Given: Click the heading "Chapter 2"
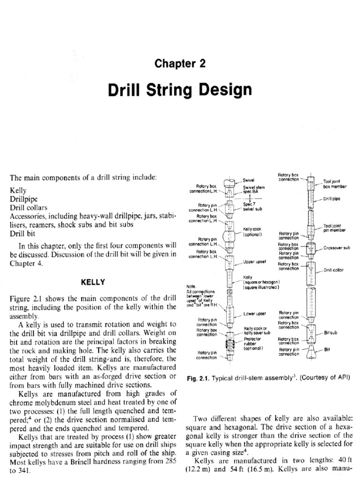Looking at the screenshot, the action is [x=180, y=64].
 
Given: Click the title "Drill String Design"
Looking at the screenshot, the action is [x=180, y=89].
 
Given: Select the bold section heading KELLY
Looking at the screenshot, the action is [x=93, y=282].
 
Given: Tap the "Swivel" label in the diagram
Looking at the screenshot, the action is [x=248, y=180].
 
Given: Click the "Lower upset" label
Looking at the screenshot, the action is [x=254, y=313].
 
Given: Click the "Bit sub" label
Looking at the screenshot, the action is [x=330, y=333].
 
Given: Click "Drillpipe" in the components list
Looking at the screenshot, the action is [x=23, y=199].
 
